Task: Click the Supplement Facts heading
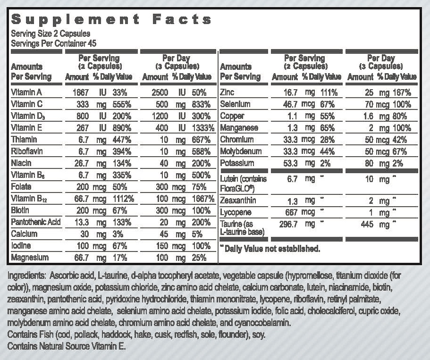point(111,19)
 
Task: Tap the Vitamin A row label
point(27,92)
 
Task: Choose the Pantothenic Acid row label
point(36,222)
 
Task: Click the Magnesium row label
point(30,258)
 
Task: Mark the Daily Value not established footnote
point(270,249)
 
